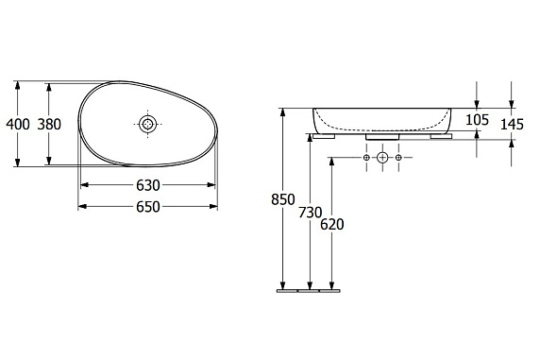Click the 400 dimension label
click(x=18, y=125)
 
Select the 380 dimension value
click(x=49, y=125)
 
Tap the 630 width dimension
click(x=148, y=185)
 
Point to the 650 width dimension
click(x=148, y=207)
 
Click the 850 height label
click(x=283, y=199)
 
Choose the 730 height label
click(x=310, y=213)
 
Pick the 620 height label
click(x=331, y=225)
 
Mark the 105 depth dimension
click(x=477, y=120)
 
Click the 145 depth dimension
click(x=512, y=125)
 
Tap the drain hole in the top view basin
click(x=148, y=124)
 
